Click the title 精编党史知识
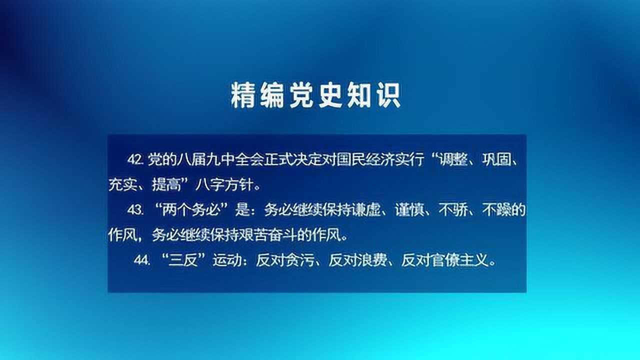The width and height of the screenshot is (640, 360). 315,95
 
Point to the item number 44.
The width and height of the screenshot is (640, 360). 142,260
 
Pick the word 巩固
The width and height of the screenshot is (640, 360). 495,159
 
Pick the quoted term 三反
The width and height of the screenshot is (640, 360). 184,260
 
